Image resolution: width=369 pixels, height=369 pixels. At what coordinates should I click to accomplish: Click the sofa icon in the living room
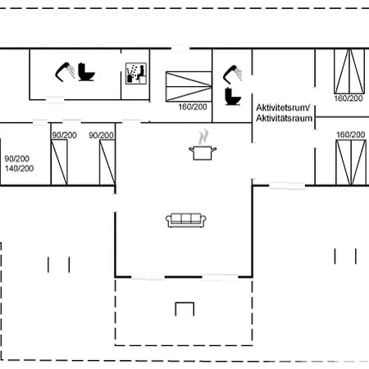186,221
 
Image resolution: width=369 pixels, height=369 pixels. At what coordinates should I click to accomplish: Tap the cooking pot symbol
203,153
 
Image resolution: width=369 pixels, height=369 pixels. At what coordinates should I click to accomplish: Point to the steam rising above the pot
203,137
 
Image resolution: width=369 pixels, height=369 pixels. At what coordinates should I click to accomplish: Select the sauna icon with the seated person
136,73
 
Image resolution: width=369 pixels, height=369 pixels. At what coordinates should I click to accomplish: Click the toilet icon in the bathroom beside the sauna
86,72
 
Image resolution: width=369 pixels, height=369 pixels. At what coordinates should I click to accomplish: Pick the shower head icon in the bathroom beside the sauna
65,72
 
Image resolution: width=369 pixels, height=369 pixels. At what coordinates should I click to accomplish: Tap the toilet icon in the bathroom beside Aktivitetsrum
233,96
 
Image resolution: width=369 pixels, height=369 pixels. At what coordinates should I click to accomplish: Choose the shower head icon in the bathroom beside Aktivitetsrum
232,75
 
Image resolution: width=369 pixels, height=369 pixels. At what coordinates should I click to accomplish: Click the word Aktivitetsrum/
283,107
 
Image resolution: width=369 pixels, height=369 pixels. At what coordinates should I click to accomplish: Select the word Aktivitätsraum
285,118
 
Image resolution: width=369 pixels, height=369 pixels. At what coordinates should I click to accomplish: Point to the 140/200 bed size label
19,168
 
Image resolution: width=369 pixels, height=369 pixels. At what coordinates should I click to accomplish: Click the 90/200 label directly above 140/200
16,158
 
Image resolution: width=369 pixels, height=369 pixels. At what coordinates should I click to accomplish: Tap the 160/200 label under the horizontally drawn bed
193,107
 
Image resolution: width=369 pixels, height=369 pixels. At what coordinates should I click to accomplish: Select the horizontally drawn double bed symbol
189,86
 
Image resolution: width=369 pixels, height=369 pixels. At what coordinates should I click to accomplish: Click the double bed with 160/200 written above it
351,162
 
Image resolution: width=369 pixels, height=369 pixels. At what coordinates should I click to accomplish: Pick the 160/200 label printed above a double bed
351,134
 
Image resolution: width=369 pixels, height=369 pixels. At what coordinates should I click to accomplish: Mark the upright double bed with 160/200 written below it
349,71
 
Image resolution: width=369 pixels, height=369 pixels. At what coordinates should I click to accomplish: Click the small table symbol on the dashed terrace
184,309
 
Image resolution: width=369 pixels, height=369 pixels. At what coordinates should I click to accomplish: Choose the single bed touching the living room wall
107,162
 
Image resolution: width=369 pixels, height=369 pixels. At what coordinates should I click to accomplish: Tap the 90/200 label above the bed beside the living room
101,135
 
